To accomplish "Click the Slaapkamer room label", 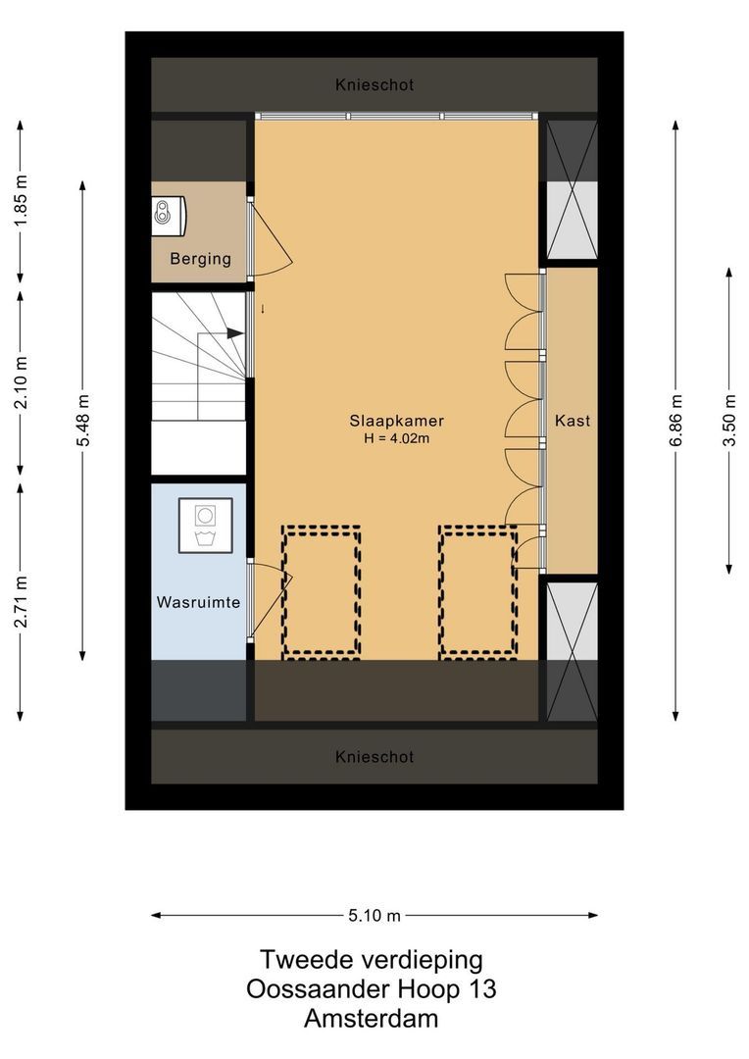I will (389, 421).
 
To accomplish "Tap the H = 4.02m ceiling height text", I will (395, 438).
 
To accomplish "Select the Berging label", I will (200, 259).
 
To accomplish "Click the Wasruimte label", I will (199, 602).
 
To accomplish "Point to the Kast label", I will (572, 420).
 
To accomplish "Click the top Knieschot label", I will (374, 85).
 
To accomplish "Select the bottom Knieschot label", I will (374, 757).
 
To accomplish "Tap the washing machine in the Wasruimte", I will (206, 526).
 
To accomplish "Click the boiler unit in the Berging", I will (170, 215).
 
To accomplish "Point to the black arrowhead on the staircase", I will (235, 333).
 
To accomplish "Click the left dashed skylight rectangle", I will (321, 590).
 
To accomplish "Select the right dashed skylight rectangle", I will (477, 590).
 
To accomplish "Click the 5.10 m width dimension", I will (374, 916).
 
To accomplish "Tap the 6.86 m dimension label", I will (675, 421).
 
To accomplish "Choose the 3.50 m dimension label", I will (729, 421).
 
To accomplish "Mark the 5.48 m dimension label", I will (83, 421).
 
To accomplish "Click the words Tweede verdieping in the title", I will (371, 959).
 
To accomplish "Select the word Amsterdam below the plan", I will (371, 1019).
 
